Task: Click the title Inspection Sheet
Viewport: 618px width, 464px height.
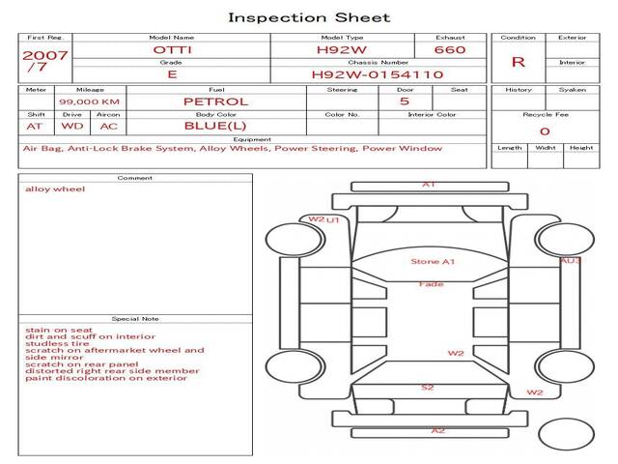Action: tap(309, 17)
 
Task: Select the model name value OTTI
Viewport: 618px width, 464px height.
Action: tap(172, 49)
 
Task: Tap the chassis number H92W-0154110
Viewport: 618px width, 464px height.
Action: tap(378, 74)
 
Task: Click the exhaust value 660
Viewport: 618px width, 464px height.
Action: tap(450, 49)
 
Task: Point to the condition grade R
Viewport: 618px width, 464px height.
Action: tap(518, 62)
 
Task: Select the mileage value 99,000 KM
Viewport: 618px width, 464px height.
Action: tap(89, 101)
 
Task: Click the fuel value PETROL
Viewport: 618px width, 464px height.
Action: tap(216, 101)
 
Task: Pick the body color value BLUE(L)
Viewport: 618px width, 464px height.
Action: tap(215, 126)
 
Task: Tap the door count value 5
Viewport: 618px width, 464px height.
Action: tap(405, 101)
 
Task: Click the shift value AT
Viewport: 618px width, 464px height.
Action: tap(35, 127)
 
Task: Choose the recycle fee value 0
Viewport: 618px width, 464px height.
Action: tap(545, 131)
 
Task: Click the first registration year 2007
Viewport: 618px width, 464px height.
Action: tap(45, 55)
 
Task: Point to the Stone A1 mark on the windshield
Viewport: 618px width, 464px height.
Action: tap(433, 261)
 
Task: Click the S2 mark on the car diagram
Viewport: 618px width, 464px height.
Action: tap(427, 388)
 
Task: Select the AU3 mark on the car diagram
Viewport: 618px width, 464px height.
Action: tap(570, 260)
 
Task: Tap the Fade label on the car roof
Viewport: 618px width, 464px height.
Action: tap(432, 283)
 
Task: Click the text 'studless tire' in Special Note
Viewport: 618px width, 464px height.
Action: tap(57, 343)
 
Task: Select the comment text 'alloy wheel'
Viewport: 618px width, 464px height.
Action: tap(55, 189)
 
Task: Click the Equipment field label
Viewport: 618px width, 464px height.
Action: tap(252, 139)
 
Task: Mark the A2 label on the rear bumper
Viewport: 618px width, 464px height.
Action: tap(437, 430)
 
